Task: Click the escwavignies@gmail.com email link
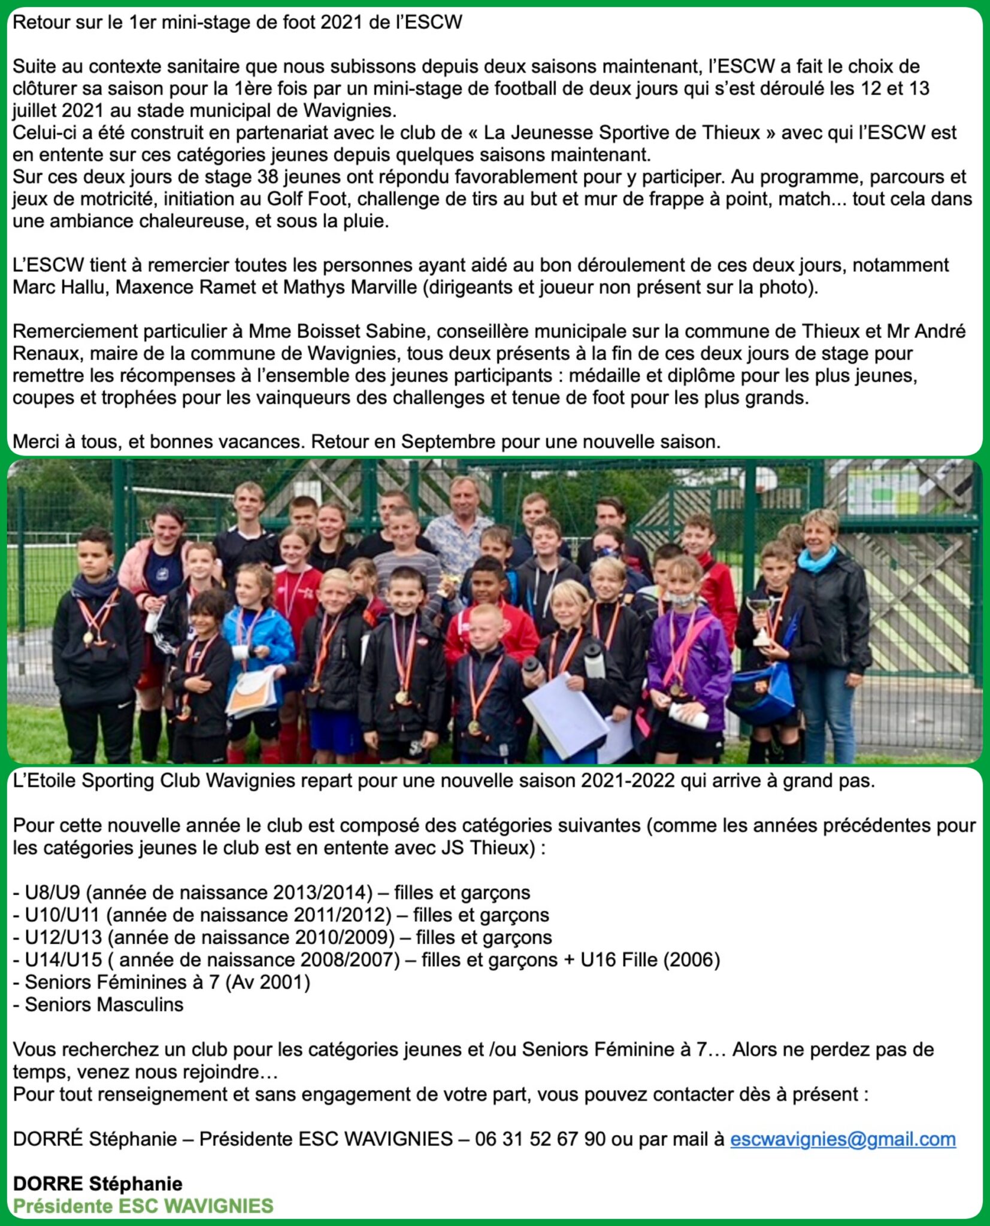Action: pos(843,1139)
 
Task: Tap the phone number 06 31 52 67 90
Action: pos(540,1139)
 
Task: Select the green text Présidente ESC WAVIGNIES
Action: pos(143,1206)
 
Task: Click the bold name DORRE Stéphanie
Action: pos(98,1183)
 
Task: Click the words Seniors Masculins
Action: pos(104,1005)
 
